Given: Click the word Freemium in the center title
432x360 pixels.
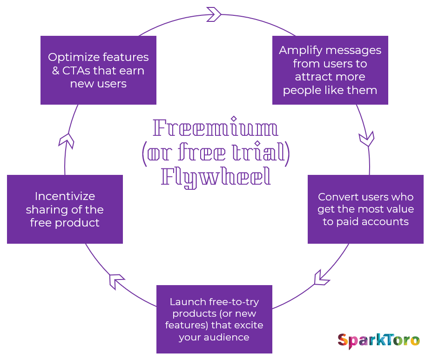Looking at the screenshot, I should coord(216,128).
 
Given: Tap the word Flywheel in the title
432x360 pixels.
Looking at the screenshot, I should coord(216,177).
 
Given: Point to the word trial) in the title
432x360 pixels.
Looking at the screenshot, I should coord(263,153).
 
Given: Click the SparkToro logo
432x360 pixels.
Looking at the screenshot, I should coord(378,340).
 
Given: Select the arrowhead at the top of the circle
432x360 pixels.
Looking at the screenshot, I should coord(214,14).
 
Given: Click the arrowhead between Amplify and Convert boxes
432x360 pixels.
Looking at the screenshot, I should coord(367,139).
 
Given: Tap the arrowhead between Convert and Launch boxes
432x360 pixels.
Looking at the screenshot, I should coord(322,278).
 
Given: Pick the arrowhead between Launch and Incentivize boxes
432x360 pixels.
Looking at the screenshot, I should coord(117,281).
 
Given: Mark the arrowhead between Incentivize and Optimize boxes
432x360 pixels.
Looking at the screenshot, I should coord(67,140).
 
